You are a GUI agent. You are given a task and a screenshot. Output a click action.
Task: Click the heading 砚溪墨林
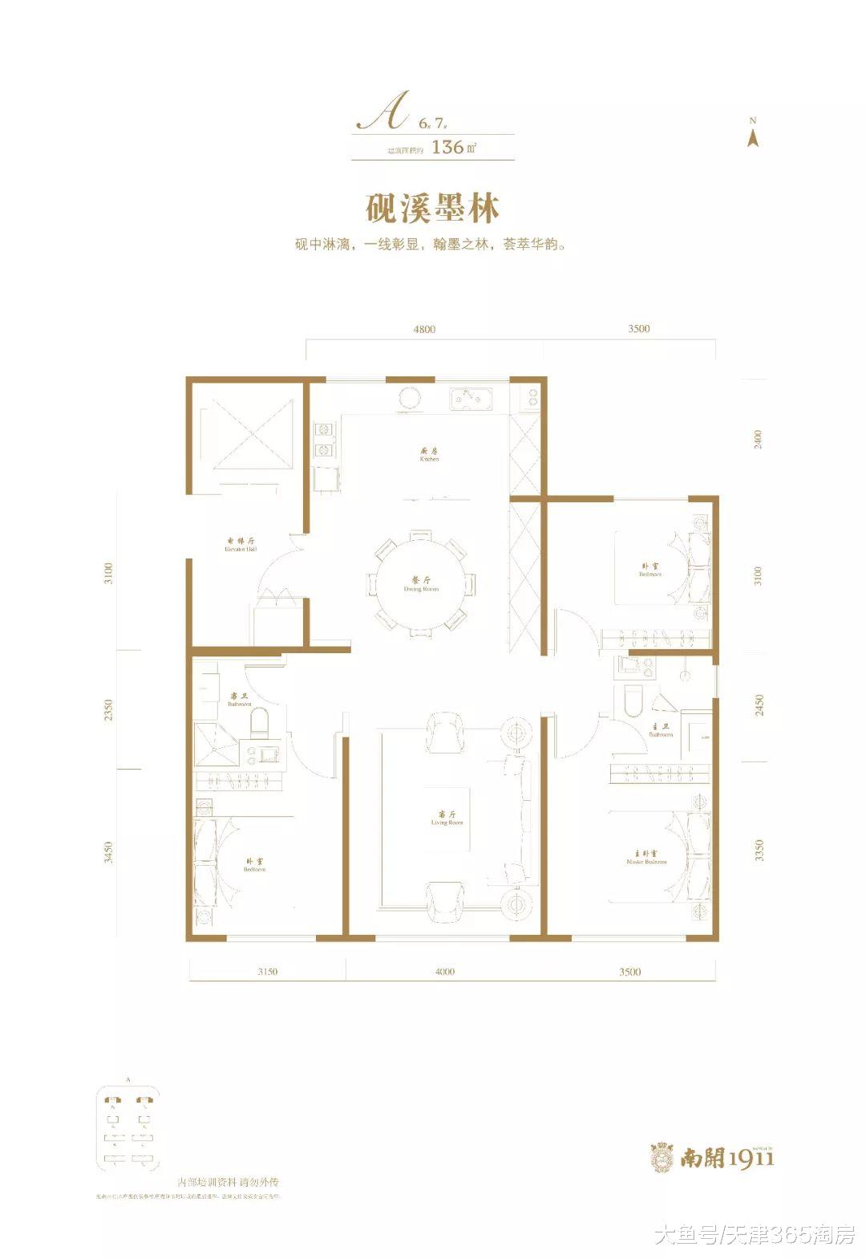pyautogui.click(x=432, y=208)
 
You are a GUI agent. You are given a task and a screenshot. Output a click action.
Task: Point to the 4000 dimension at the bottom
pyautogui.click(x=444, y=972)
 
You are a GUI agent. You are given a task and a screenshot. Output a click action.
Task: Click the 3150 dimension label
pyautogui.click(x=267, y=972)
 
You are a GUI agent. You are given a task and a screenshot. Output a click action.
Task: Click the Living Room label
pyautogui.click(x=447, y=818)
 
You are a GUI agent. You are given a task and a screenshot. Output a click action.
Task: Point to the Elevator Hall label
pyautogui.click(x=241, y=546)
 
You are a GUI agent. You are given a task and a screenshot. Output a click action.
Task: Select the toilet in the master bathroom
pyautogui.click(x=632, y=701)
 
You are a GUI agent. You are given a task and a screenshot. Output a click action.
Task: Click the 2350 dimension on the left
pyautogui.click(x=109, y=710)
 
